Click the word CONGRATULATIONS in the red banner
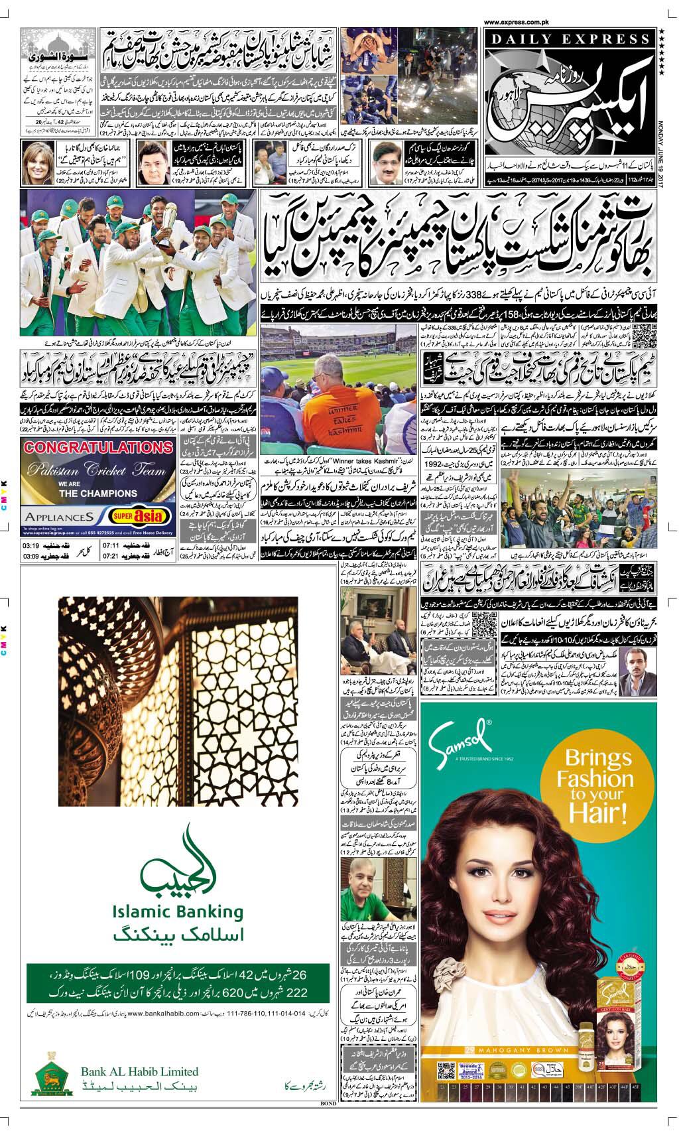click(89, 446)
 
